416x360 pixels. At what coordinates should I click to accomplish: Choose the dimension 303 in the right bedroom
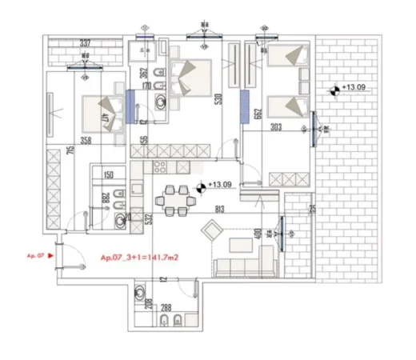coord(278,128)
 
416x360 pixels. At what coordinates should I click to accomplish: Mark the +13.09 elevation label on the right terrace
coord(354,88)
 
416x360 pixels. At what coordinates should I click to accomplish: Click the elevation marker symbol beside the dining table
coord(200,186)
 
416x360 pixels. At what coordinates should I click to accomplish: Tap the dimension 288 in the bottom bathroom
coord(166,306)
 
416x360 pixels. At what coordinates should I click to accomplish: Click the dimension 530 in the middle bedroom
coord(217,100)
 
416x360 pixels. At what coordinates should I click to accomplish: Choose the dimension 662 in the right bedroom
coord(258,114)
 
